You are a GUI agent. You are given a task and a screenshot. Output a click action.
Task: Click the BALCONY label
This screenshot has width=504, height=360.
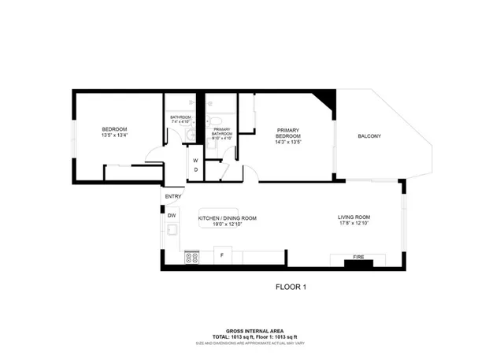369,136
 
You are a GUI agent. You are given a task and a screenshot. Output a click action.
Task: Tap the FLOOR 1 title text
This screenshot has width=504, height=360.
290,288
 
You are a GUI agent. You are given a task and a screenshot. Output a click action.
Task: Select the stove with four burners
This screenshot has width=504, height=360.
191,257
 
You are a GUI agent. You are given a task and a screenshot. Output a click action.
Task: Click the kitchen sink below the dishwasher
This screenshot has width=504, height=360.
172,230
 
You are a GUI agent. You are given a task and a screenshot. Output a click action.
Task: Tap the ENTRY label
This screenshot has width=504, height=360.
172,197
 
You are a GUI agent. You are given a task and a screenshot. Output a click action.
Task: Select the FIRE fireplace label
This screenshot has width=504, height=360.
358,256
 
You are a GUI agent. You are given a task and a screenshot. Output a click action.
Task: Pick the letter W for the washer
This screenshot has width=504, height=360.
195,160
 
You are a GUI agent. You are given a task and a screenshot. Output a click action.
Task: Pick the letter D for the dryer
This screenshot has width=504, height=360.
195,170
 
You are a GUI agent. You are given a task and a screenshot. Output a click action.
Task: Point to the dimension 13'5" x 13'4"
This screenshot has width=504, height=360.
114,135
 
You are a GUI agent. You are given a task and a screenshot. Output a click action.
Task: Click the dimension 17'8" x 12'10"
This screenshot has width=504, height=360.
354,224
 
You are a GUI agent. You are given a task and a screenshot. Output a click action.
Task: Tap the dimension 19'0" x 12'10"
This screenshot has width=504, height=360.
227,225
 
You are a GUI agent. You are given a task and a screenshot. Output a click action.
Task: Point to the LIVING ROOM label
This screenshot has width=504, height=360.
354,217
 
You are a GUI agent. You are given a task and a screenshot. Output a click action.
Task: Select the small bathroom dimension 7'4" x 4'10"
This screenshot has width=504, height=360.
180,122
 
